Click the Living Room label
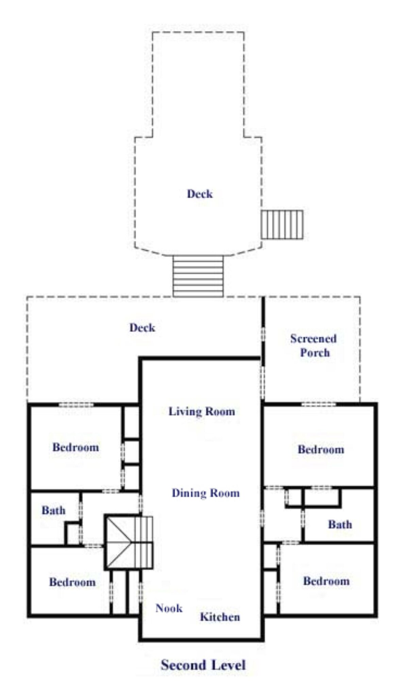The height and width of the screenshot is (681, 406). point(202,411)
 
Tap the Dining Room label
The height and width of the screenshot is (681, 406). point(205,493)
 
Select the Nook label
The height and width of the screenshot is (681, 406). point(169,608)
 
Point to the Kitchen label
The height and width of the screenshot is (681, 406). point(220,617)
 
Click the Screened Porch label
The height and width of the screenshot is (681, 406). point(314,345)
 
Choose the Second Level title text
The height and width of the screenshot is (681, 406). point(203,665)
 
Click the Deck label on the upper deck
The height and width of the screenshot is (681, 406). point(200,194)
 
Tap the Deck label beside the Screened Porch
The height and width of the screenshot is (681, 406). point(142,328)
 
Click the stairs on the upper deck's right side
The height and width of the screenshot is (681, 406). point(282,224)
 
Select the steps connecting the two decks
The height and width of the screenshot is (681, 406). point(198,276)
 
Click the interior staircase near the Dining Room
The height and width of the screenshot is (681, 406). point(129,542)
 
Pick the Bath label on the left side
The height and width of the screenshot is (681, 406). point(53,510)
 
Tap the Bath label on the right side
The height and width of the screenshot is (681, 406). point(340,524)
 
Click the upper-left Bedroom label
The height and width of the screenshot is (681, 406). point(75,447)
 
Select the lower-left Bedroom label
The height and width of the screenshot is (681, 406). point(72,582)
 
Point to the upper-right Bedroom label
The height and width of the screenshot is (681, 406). point(321,449)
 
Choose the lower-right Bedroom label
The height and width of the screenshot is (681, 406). point(326,581)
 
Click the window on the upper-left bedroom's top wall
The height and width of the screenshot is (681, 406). point(76,405)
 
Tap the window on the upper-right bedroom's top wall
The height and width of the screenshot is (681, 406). point(319,404)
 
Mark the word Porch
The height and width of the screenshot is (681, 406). point(315,352)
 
